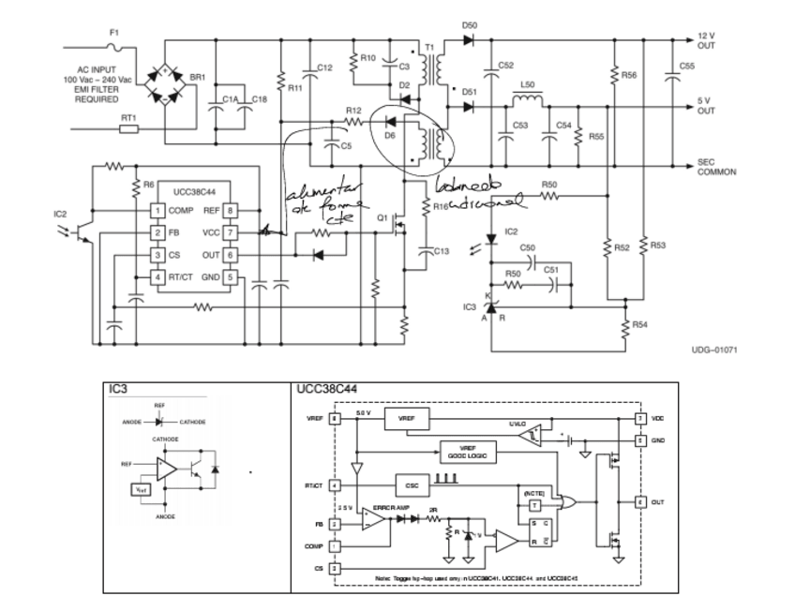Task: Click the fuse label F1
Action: click(114, 33)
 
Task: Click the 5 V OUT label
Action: click(706, 105)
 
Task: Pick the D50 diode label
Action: click(470, 25)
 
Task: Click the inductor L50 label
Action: click(526, 84)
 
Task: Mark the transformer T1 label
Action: click(431, 48)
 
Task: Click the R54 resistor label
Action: click(639, 324)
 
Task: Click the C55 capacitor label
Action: click(687, 67)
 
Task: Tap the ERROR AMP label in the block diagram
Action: click(389, 507)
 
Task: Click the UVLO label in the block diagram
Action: click(517, 424)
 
